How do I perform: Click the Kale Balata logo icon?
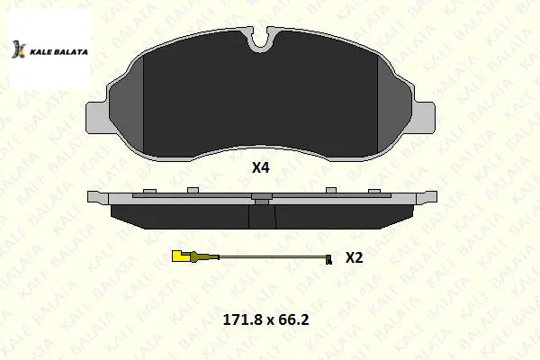coord(19,49)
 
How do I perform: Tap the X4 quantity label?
coord(261,167)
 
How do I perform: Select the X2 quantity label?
coord(355,257)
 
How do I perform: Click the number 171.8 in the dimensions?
coord(243,319)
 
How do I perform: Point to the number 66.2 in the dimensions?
coord(293,319)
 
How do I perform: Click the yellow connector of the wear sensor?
coord(180,256)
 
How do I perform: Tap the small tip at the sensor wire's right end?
coord(329,259)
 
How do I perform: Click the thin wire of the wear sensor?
coord(273,256)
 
